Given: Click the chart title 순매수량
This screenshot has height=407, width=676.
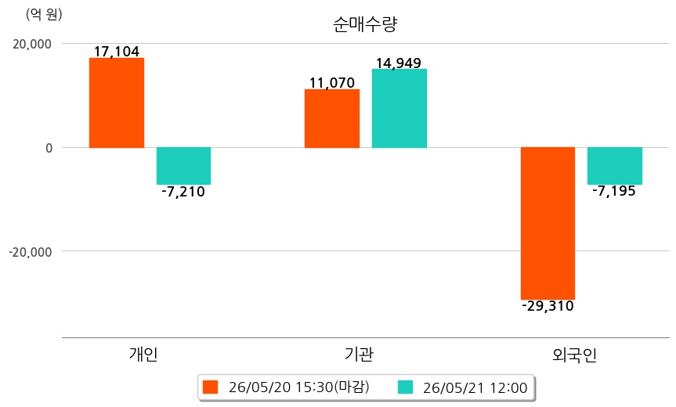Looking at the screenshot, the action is tap(365, 24).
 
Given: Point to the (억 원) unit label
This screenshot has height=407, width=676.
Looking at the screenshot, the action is tap(44, 15).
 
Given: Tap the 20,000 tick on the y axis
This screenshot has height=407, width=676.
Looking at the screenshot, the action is tap(32, 44).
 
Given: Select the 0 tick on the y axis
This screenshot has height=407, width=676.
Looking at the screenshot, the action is tap(49, 148).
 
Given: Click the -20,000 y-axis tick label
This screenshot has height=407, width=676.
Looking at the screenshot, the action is tap(31, 251).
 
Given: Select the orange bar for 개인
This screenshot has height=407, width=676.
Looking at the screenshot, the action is tap(117, 103).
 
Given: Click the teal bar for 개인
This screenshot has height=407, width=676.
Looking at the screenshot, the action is tap(183, 166).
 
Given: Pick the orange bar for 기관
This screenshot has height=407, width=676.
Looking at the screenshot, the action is tap(332, 118).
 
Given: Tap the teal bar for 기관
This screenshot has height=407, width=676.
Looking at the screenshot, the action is tap(399, 109).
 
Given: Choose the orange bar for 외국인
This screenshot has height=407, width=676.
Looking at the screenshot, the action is tap(548, 224).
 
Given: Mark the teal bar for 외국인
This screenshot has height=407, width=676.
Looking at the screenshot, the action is tap(615, 166).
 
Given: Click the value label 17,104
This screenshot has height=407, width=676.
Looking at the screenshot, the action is tap(117, 51).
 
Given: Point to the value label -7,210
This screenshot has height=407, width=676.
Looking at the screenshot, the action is tap(183, 192).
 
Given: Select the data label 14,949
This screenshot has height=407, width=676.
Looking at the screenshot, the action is tap(399, 63).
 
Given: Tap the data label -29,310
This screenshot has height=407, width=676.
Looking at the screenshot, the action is tap(548, 306).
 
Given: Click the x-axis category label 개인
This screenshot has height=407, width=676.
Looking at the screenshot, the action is tap(143, 354).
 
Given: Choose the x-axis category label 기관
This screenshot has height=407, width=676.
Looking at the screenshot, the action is tap(359, 354).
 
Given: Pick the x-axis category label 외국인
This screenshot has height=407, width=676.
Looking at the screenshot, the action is tap(575, 355).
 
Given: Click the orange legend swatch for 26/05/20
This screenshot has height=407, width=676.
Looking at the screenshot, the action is tap(211, 387).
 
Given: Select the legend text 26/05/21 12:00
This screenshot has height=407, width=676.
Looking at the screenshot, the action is tap(475, 387).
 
